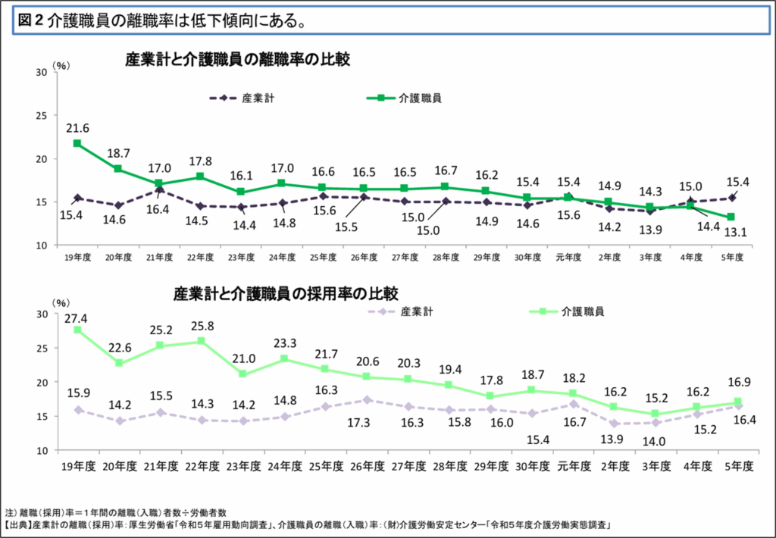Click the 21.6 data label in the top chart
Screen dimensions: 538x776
click(x=78, y=128)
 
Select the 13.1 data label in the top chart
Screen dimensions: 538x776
click(x=735, y=233)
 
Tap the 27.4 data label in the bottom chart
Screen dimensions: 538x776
click(x=78, y=315)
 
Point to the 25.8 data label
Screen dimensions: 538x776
click(x=201, y=327)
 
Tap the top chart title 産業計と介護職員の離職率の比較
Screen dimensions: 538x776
click(x=237, y=60)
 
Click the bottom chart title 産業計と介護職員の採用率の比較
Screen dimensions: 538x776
click(x=286, y=292)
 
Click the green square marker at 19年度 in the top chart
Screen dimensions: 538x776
click(x=78, y=143)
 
